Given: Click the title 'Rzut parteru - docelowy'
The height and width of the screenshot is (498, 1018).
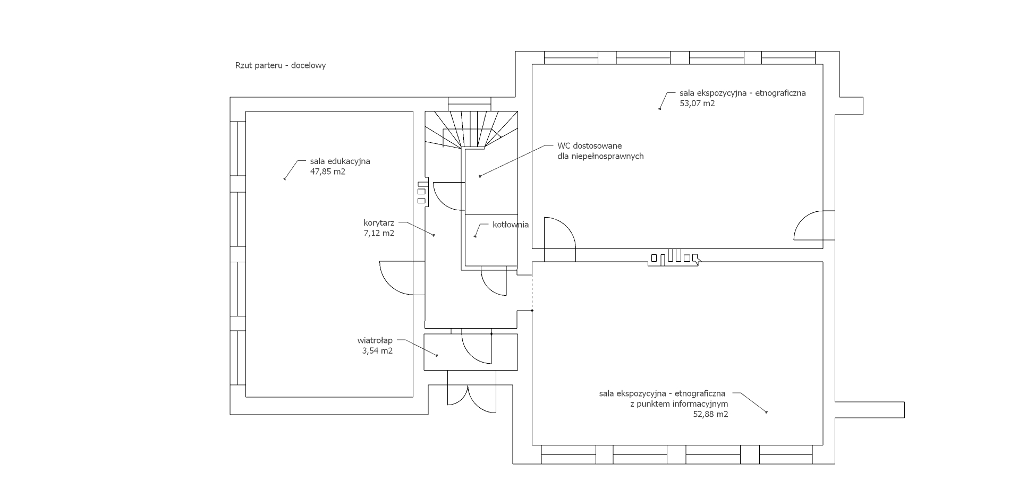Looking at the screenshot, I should (x=280, y=66).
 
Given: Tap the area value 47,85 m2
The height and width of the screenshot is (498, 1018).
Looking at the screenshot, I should (x=327, y=171).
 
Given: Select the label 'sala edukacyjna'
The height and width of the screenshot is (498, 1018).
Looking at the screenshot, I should (x=340, y=161).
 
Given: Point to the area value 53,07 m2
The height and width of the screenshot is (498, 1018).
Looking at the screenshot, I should (x=697, y=104).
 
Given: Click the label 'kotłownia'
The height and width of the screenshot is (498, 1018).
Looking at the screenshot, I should (x=510, y=225).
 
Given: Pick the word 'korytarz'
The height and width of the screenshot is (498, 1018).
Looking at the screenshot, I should (x=378, y=223).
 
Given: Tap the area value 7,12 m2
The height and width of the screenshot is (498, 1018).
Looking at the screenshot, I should (x=378, y=233).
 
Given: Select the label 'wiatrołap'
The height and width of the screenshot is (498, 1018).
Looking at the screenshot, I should (x=375, y=340).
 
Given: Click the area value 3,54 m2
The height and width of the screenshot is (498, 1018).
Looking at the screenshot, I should (x=377, y=350).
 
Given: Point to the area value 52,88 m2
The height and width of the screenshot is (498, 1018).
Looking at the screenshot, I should (x=710, y=415).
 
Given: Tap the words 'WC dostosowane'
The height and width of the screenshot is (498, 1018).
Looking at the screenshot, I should (x=589, y=145).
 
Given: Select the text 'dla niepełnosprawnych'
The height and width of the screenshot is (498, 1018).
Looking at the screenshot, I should (x=600, y=156).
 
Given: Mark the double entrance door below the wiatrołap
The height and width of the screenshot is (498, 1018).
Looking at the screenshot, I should (x=471, y=396).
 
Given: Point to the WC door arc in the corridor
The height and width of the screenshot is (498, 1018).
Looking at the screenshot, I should (x=448, y=196).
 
